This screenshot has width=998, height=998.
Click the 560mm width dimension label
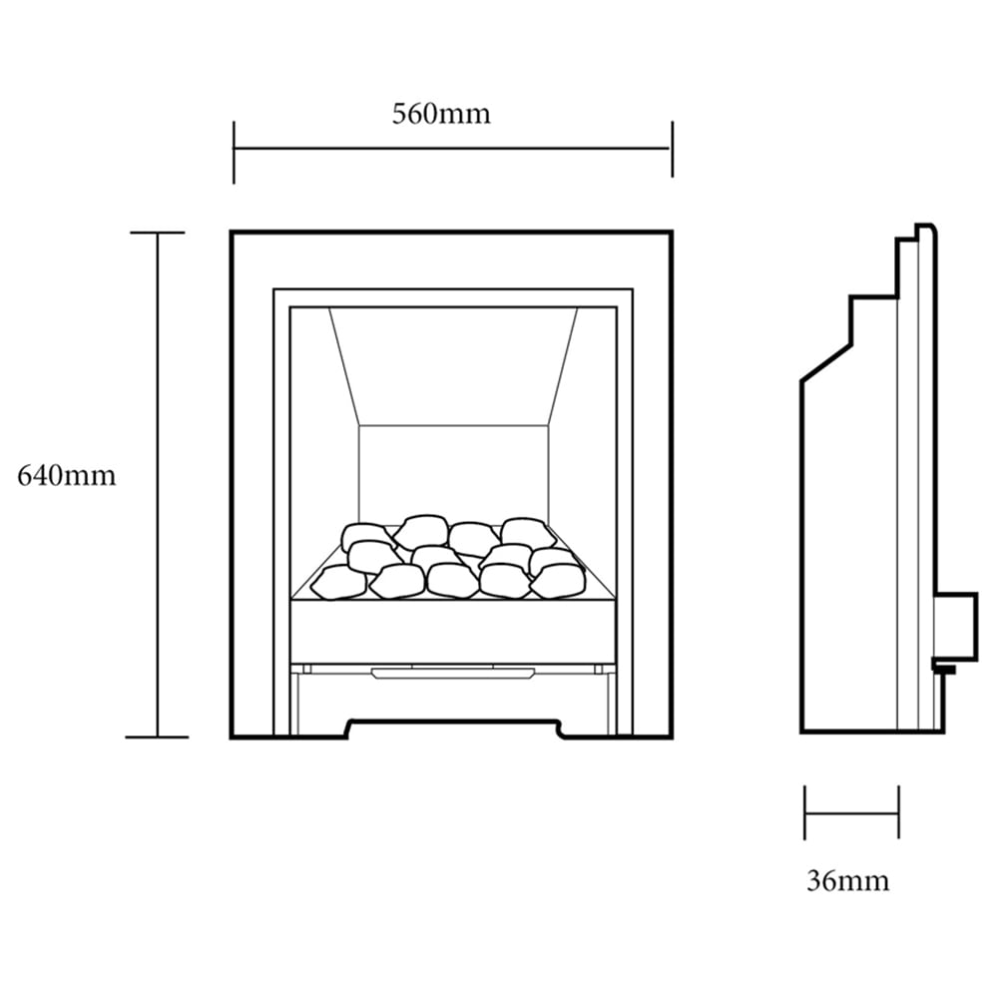coord(441,114)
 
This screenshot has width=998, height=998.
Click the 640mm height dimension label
coord(67,476)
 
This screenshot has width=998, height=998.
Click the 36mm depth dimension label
coord(847,880)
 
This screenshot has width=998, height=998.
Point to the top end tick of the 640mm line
coord(157,233)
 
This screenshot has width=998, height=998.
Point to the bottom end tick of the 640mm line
coord(157,738)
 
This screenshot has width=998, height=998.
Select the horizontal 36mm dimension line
coord(851,812)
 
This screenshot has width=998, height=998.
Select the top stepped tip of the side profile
coord(926,231)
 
